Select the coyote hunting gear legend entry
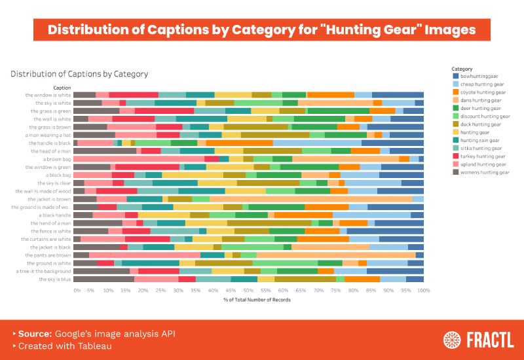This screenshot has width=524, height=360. click(483, 92)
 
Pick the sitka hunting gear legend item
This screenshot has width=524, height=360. click(481, 148)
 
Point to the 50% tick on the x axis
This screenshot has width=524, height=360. click(248, 289)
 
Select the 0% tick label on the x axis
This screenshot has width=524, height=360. click(77, 289)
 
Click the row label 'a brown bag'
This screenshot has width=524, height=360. click(57, 159)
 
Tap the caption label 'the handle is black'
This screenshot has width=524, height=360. click(48, 143)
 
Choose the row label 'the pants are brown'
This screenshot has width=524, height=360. click(48, 255)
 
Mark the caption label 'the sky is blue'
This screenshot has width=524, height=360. click(54, 279)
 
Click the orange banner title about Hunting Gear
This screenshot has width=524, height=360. click(262, 30)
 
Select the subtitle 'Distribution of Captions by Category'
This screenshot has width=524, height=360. click(79, 74)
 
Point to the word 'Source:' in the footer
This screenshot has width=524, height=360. click(35, 334)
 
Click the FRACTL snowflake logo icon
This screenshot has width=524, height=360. click(451, 340)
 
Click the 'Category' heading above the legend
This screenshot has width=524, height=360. click(462, 69)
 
